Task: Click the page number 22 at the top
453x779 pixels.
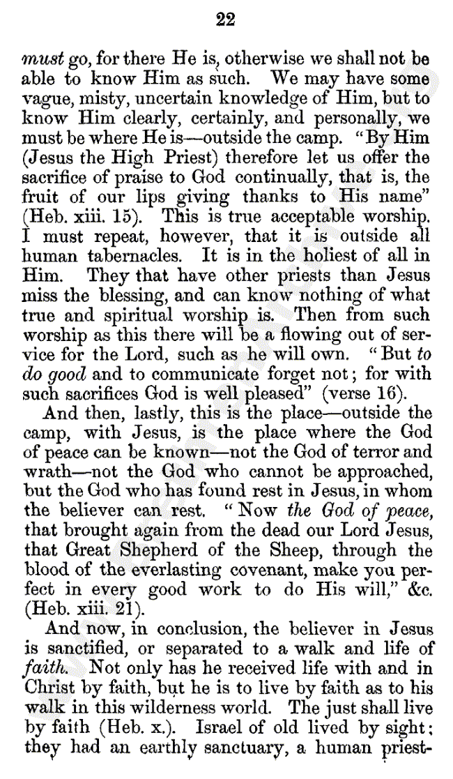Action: [x=226, y=20]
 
